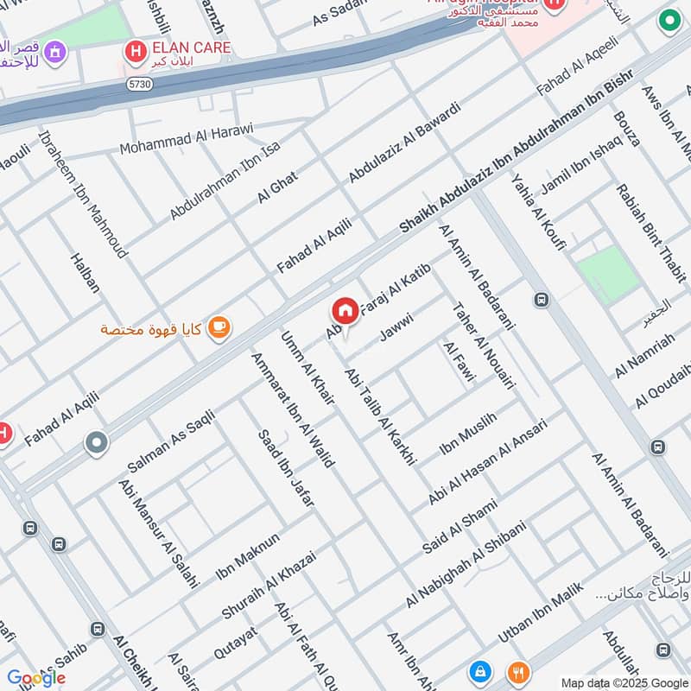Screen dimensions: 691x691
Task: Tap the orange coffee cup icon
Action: click(219, 326)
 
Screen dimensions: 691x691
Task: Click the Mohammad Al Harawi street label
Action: click(186, 139)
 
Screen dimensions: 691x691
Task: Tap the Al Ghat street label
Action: click(277, 187)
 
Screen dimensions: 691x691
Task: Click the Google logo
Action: click(36, 678)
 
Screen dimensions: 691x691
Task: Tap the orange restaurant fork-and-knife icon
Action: click(517, 671)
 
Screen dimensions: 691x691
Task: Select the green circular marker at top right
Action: click(669, 22)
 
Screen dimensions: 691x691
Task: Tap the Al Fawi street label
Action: click(454, 360)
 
